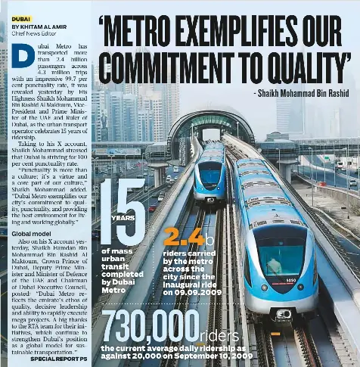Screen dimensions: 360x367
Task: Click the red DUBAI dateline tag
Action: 21,17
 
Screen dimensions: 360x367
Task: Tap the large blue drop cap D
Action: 23,58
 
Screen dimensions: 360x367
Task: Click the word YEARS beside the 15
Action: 123,218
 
